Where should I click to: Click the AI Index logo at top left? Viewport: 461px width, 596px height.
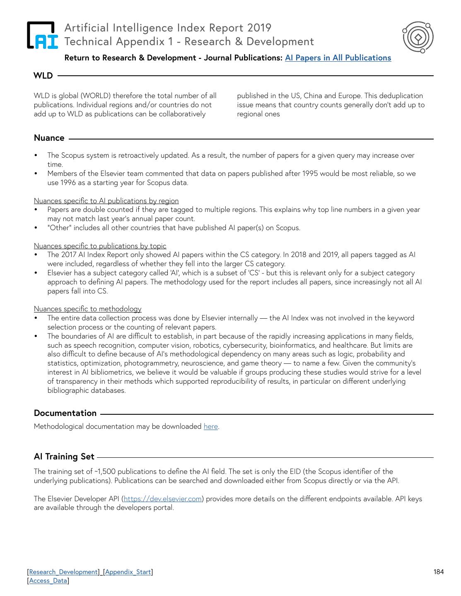42,35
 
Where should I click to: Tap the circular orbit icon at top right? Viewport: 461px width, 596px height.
418,37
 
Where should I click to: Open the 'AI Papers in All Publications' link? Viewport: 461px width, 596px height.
338,58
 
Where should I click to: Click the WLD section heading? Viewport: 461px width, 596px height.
43,76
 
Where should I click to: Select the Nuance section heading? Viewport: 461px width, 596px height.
49,138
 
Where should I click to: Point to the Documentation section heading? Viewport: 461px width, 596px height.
65,413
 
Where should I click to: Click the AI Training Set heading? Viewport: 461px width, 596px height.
64,457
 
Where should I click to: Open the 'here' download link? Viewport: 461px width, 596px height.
210,426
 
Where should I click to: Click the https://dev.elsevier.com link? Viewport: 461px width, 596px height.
163,499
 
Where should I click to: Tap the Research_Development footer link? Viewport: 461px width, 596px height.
63,572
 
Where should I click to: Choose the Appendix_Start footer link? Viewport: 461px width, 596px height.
128,572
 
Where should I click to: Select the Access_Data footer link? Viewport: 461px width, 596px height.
48,581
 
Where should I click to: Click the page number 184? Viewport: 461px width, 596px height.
439,572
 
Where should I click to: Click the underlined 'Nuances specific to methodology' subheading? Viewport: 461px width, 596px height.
87,309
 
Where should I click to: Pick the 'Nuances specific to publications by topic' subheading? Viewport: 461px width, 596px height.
100,246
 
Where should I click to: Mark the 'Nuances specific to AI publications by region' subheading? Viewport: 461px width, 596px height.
106,201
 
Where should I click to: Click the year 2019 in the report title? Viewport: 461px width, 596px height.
259,28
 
